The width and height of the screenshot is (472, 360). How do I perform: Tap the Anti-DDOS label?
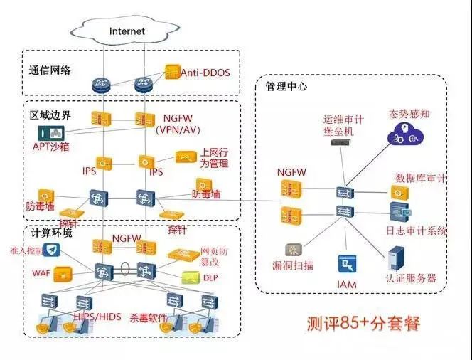click(205, 73)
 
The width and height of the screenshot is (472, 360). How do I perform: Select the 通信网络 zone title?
click(50, 71)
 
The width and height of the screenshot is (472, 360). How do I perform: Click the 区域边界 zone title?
click(50, 114)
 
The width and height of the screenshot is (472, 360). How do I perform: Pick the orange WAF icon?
click(64, 272)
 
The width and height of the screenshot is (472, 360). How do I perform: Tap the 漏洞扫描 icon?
click(292, 250)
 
